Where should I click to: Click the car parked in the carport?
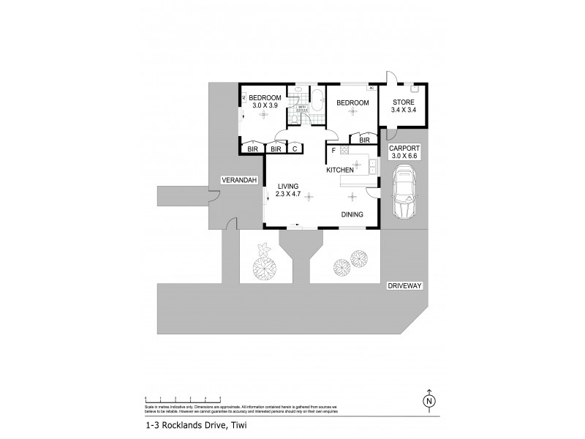404,192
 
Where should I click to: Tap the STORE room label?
404,102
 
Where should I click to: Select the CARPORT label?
404,147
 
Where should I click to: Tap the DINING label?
354,214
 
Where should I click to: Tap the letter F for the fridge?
333,151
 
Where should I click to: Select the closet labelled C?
295,149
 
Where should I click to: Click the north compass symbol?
429,401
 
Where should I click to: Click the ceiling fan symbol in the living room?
308,195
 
